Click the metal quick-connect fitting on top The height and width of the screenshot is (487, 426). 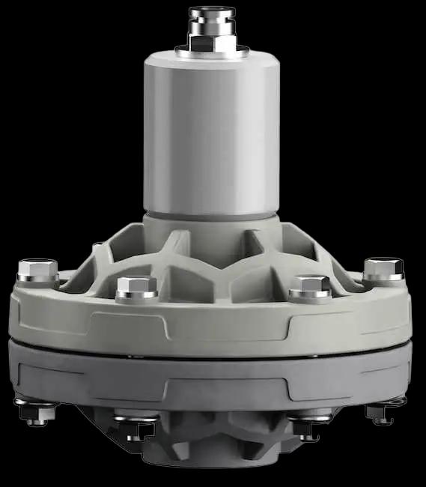coord(212,22)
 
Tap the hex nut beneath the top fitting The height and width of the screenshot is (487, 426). coord(212,42)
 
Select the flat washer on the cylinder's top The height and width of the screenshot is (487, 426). coord(212,52)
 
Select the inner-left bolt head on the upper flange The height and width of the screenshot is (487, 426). coord(137,287)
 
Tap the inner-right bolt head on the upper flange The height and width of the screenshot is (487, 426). coord(310,286)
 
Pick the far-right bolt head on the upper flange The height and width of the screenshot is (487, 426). coord(383,268)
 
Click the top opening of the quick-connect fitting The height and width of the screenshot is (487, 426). coord(212,10)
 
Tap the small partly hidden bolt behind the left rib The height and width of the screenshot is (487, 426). coord(98,245)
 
